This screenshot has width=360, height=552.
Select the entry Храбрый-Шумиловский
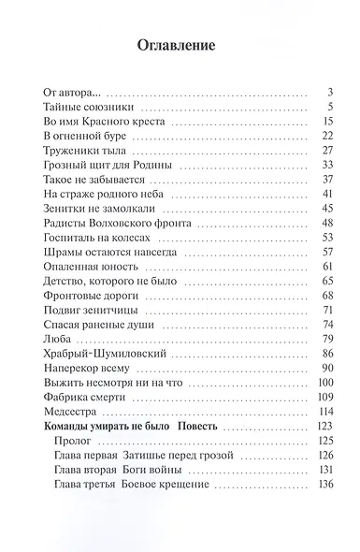pyautogui.click(x=97, y=354)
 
